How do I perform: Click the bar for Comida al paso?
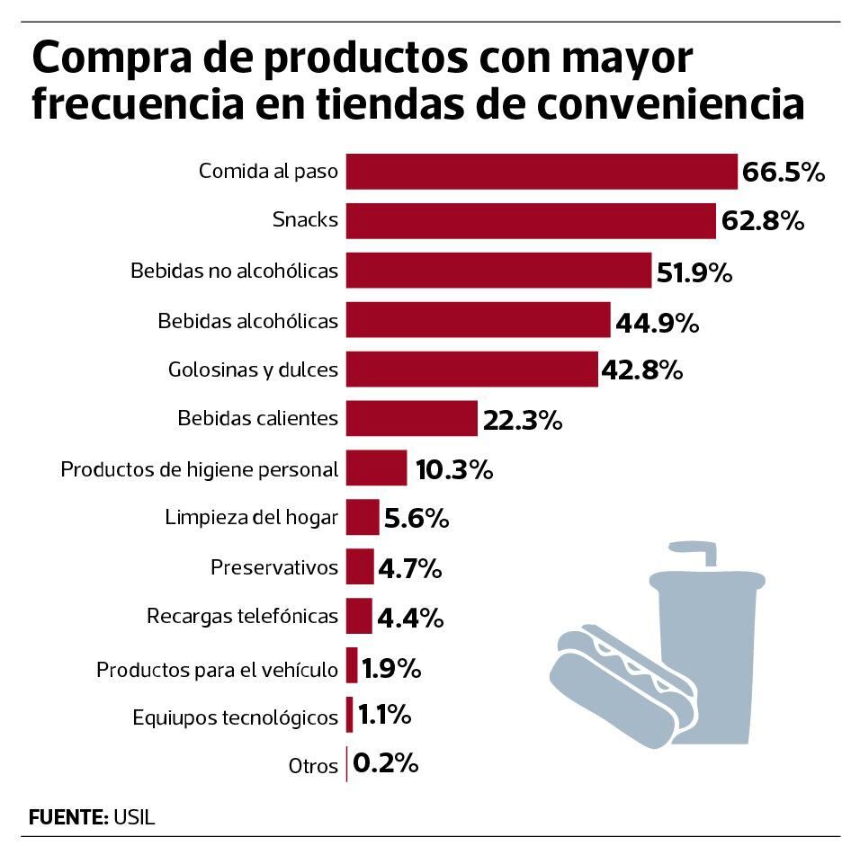(542, 171)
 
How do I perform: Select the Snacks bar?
(531, 220)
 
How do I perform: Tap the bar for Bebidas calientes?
(411, 418)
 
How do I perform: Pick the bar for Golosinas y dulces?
(471, 369)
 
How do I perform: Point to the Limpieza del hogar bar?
(363, 517)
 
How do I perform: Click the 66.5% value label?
(783, 173)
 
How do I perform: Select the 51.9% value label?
(694, 272)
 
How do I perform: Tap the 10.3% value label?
(453, 469)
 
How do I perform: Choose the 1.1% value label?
(384, 716)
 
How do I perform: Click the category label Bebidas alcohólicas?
(248, 321)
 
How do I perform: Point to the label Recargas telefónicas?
(242, 617)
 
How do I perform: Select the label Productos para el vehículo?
(217, 670)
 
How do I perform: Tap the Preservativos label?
(274, 567)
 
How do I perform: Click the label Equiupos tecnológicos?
(236, 717)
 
